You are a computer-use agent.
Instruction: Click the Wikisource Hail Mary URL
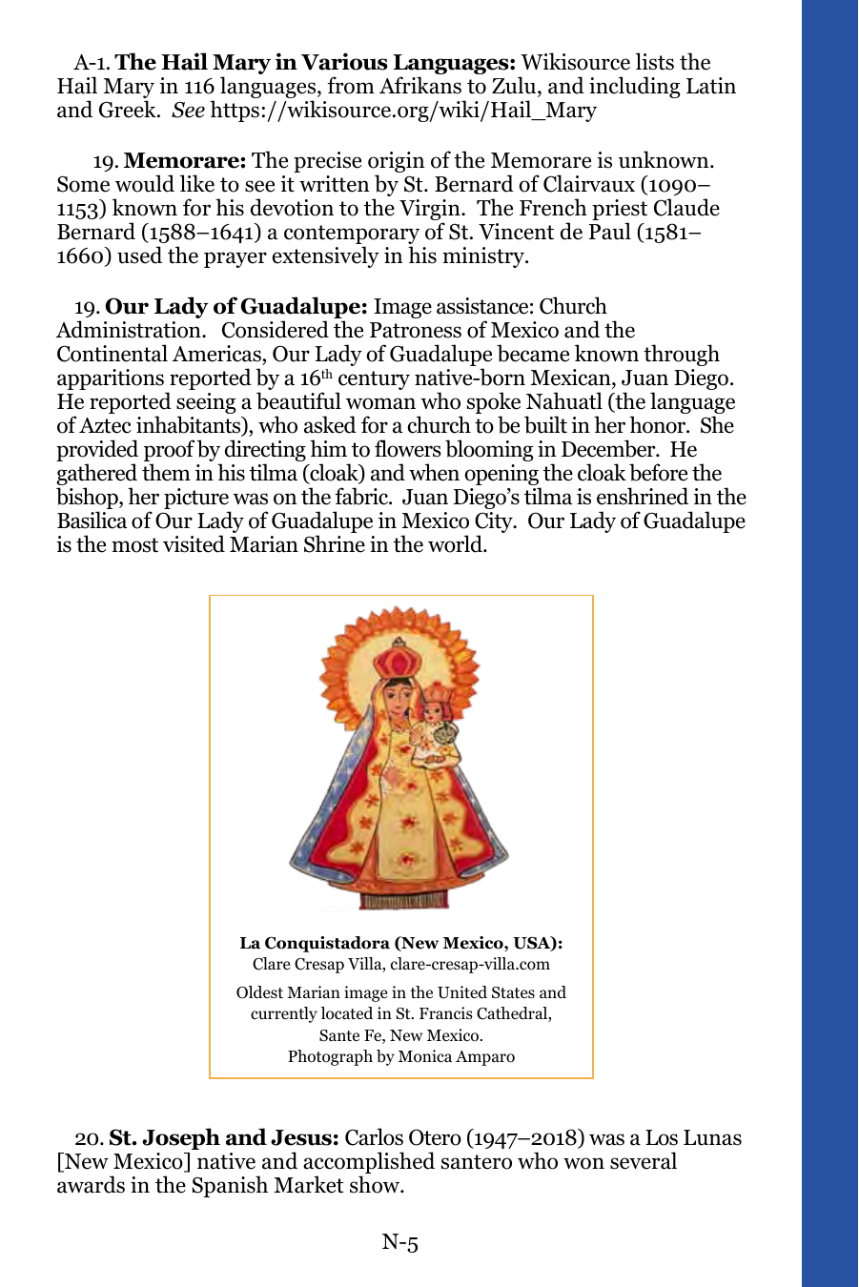[403, 111]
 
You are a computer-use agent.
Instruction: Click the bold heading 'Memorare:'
[185, 161]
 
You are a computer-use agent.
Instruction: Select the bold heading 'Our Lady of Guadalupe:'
[235, 307]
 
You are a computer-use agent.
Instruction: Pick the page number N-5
[400, 1242]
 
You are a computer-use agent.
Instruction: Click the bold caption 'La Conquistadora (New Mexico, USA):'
[400, 943]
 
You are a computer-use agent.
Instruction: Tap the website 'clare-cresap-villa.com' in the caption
[470, 964]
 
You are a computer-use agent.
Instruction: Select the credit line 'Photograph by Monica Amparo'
[400, 1056]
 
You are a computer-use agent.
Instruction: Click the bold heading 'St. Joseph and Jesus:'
[224, 1138]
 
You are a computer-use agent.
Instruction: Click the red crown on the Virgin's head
[391, 658]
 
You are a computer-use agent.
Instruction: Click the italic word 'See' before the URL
[188, 111]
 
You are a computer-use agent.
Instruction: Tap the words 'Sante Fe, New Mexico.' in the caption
[400, 1035]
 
